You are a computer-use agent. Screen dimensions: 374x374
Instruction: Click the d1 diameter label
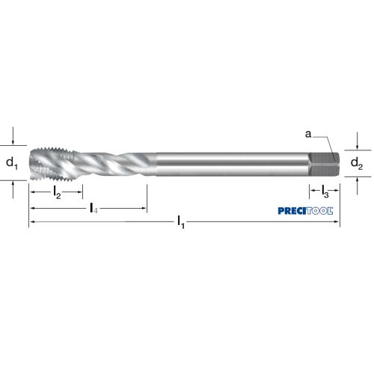coord(12,164)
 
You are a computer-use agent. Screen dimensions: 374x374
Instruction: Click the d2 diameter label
coord(357,164)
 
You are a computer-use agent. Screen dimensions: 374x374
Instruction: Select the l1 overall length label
coord(181,222)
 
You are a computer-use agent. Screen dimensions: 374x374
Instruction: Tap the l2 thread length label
coord(57,192)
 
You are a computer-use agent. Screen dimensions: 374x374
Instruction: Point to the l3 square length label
coord(325,191)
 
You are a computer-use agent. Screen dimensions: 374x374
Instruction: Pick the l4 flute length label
coord(93,208)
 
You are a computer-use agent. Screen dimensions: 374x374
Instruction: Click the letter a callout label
coord(308,134)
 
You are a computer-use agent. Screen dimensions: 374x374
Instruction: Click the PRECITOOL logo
coord(305,211)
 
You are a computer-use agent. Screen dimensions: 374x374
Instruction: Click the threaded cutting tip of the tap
coord(52,163)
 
